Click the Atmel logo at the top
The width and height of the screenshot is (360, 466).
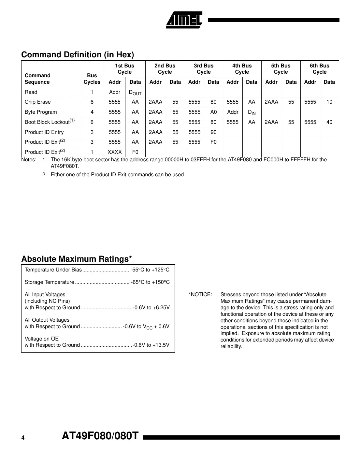(x=184, y=20)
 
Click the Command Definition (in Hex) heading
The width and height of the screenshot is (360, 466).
(x=78, y=54)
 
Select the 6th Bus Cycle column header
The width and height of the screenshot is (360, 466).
(x=319, y=69)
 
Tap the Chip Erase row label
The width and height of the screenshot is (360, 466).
(x=38, y=102)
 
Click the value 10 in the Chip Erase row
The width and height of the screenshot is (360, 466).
(x=329, y=102)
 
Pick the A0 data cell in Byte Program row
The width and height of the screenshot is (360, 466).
(x=213, y=112)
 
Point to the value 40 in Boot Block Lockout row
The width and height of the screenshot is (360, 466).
(x=329, y=122)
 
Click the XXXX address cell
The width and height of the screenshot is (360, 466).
(x=114, y=152)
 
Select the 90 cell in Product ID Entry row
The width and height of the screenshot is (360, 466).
(x=213, y=132)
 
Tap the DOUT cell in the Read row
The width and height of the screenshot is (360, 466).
(x=135, y=93)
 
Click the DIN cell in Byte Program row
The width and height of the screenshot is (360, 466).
(x=252, y=112)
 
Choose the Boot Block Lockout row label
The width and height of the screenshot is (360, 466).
(x=50, y=122)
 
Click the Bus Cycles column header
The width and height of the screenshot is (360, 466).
(x=92, y=79)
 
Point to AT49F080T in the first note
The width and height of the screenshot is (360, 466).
(x=65, y=166)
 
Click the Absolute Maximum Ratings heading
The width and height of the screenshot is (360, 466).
(x=77, y=259)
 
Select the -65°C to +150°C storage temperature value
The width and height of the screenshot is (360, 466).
(x=150, y=282)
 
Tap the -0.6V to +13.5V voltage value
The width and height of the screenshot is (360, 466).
(x=151, y=345)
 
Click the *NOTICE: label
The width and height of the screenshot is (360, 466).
(x=200, y=295)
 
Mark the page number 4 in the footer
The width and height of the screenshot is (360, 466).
(x=23, y=438)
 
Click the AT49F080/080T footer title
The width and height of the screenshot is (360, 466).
(x=100, y=436)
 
